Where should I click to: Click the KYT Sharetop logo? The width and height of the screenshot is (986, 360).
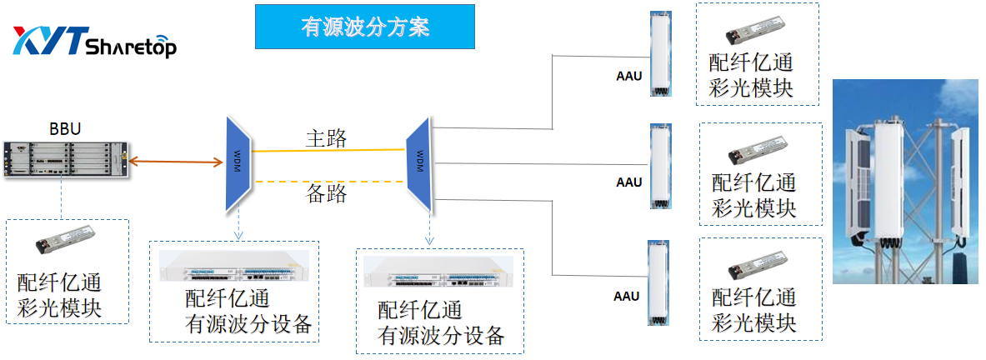[x=93, y=42]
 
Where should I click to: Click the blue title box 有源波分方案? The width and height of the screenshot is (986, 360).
[x=364, y=27]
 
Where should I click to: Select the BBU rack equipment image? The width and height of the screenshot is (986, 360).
[x=67, y=158]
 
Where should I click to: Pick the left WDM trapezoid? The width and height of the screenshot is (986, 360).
[x=237, y=163]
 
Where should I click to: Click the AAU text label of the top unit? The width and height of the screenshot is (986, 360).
[x=628, y=77]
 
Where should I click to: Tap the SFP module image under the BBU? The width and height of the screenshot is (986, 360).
[x=65, y=243]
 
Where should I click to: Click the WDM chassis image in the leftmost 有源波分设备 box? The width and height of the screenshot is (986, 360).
[x=233, y=268]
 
